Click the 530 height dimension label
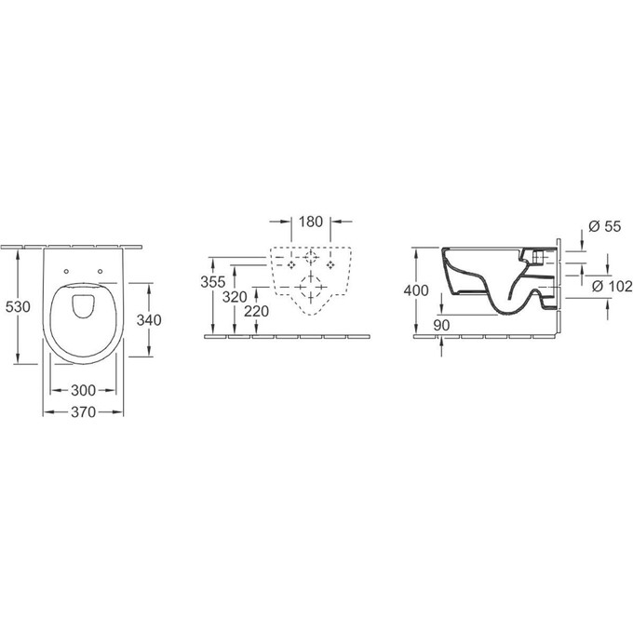[x=19, y=306]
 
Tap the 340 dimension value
[x=149, y=319]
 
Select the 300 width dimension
[x=83, y=391]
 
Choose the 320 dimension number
[x=235, y=296]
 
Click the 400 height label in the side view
[x=416, y=290]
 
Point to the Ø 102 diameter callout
[x=611, y=287]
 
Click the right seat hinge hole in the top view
[x=99, y=272]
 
